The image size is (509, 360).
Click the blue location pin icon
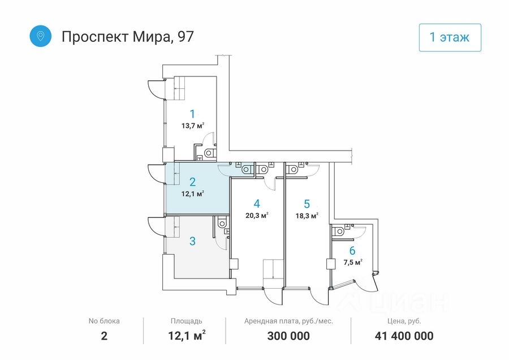point(41,36)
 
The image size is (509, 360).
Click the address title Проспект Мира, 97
point(127,37)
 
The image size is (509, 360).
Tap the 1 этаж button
point(450,37)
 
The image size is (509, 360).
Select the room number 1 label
point(192,113)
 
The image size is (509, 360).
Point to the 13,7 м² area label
point(192,126)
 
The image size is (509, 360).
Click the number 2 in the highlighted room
point(192,182)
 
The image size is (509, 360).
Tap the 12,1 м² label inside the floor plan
point(192,194)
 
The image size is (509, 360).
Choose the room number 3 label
point(192,241)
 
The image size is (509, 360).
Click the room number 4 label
point(256,203)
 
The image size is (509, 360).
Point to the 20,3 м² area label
point(256,215)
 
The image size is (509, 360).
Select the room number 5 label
point(307,204)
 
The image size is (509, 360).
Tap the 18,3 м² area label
point(307,216)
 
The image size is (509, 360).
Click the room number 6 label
point(352,251)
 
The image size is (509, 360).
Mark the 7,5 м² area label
point(352,262)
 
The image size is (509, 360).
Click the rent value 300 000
point(288,336)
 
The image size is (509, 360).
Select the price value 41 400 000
point(404,336)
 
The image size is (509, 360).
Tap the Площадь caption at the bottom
point(186,321)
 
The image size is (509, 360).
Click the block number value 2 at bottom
point(104,336)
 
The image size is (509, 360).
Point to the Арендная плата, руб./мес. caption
point(288,321)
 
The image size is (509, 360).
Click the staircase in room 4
point(274,271)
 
